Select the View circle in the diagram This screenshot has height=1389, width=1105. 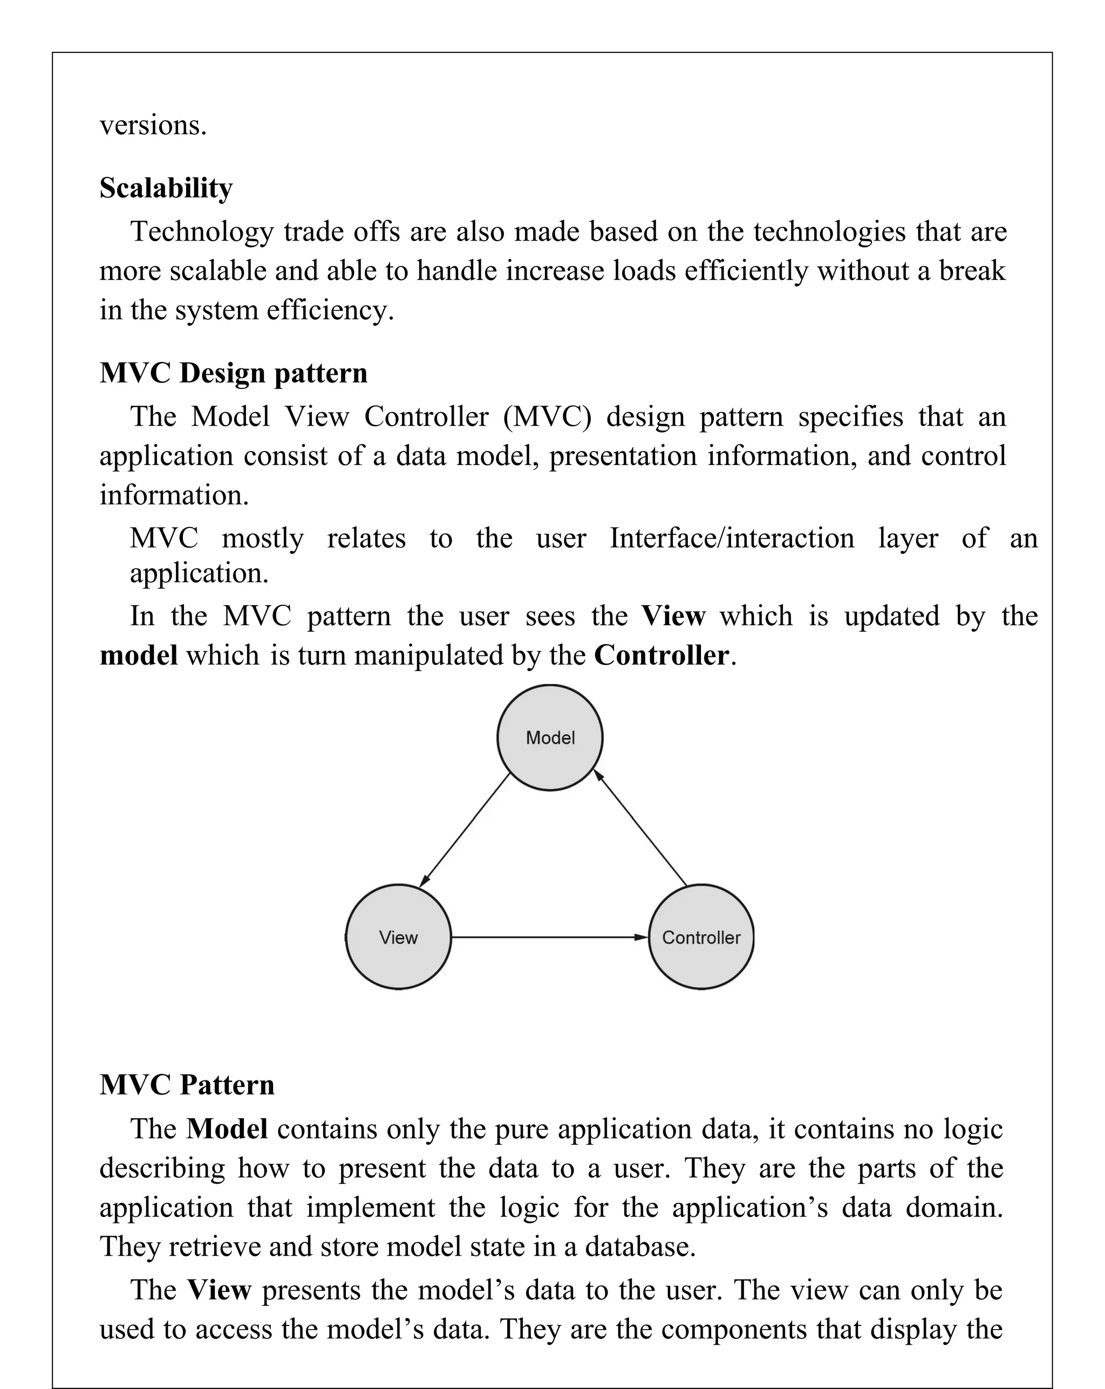(x=398, y=937)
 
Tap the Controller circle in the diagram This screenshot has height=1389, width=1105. (x=701, y=937)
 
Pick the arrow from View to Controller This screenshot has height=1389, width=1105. (x=548, y=937)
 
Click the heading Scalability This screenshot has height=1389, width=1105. (x=166, y=188)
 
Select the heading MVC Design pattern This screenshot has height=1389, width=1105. (x=233, y=373)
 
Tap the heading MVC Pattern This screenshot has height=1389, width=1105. (x=187, y=1085)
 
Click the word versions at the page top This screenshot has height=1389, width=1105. (x=153, y=125)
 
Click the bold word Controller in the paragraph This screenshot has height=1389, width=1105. (x=661, y=655)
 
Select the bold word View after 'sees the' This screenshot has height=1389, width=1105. (x=673, y=616)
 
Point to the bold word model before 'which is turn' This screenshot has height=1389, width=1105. (x=139, y=655)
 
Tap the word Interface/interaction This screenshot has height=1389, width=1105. (x=732, y=538)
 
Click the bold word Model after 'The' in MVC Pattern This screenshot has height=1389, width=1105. (x=227, y=1128)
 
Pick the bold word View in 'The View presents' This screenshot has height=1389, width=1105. (x=219, y=1290)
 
